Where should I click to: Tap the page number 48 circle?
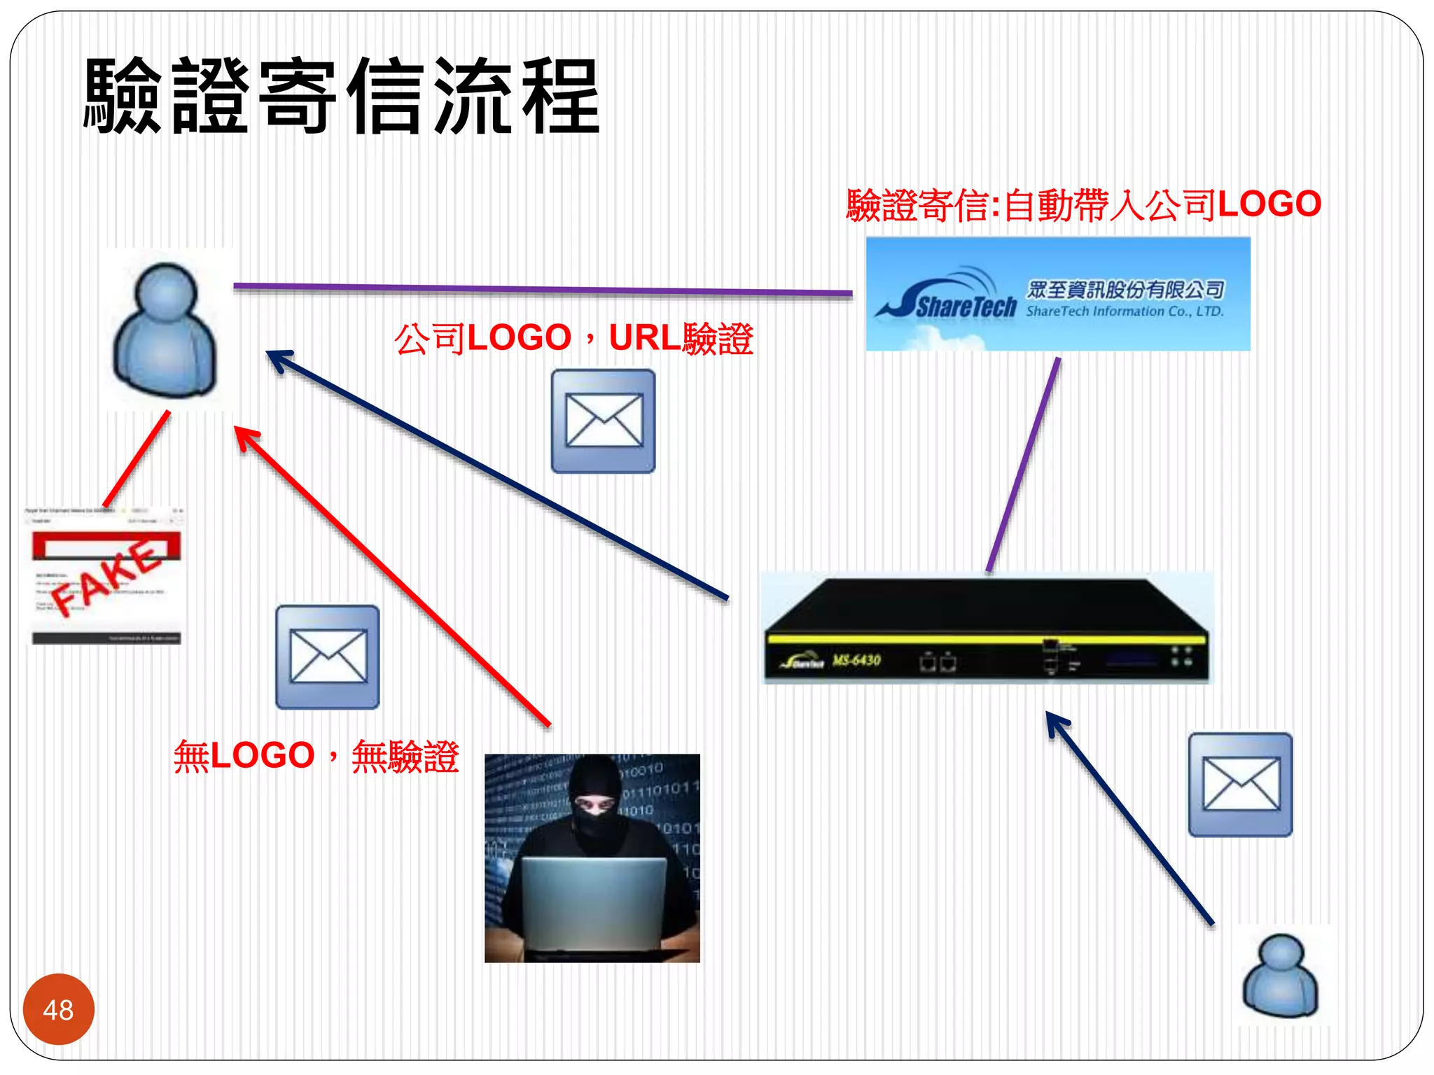[x=58, y=1009]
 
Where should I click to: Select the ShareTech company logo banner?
[x=1057, y=294]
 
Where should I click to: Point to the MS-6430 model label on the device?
[x=856, y=660]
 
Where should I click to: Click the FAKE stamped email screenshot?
[x=106, y=575]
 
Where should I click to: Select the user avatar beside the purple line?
[x=166, y=329]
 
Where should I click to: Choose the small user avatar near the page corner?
[x=1281, y=976]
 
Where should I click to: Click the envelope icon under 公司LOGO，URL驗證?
[x=603, y=421]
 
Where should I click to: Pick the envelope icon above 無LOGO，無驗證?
[x=328, y=656]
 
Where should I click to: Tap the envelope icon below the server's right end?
[x=1240, y=785]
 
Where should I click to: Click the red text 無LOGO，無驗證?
[x=316, y=756]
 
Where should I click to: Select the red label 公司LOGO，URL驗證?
[x=573, y=339]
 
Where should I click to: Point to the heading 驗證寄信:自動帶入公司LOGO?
[x=1083, y=205]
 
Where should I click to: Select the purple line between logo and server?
[x=1023, y=465]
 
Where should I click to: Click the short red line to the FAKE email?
[x=137, y=458]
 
